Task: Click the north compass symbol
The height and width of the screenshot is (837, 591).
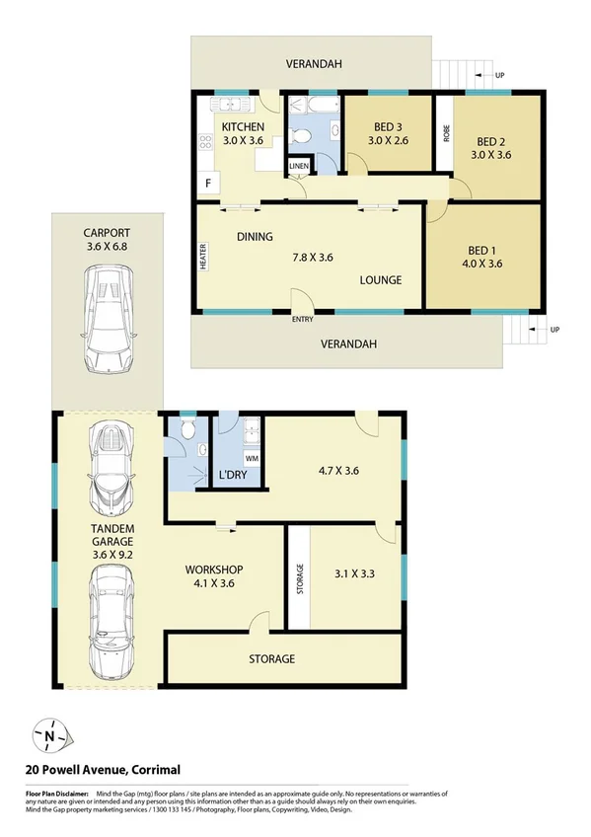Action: click(48, 734)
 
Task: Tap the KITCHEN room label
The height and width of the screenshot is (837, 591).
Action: click(242, 127)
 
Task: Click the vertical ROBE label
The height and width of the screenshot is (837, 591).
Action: click(446, 133)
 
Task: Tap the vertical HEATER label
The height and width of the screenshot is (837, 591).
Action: click(203, 258)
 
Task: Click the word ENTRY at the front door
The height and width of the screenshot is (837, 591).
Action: click(303, 318)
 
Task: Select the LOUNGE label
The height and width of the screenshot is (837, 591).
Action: click(380, 279)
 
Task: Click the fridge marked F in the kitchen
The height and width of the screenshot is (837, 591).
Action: click(208, 183)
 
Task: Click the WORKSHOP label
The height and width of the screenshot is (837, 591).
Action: click(214, 571)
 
